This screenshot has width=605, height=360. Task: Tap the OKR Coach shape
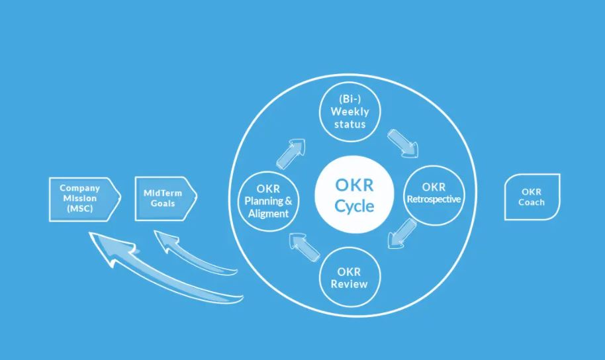pyautogui.click(x=531, y=197)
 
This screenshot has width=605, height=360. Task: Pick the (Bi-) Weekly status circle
pyautogui.click(x=349, y=112)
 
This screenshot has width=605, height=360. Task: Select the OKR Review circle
pyautogui.click(x=351, y=277)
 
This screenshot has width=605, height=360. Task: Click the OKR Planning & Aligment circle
pyautogui.click(x=266, y=199)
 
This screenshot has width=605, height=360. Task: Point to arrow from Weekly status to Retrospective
pyautogui.click(x=403, y=142)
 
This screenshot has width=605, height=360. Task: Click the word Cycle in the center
pyautogui.click(x=354, y=206)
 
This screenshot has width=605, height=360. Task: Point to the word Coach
pyautogui.click(x=532, y=202)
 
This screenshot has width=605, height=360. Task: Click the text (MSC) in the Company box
pyautogui.click(x=79, y=208)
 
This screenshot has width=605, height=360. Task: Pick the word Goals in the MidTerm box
pyautogui.click(x=162, y=203)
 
